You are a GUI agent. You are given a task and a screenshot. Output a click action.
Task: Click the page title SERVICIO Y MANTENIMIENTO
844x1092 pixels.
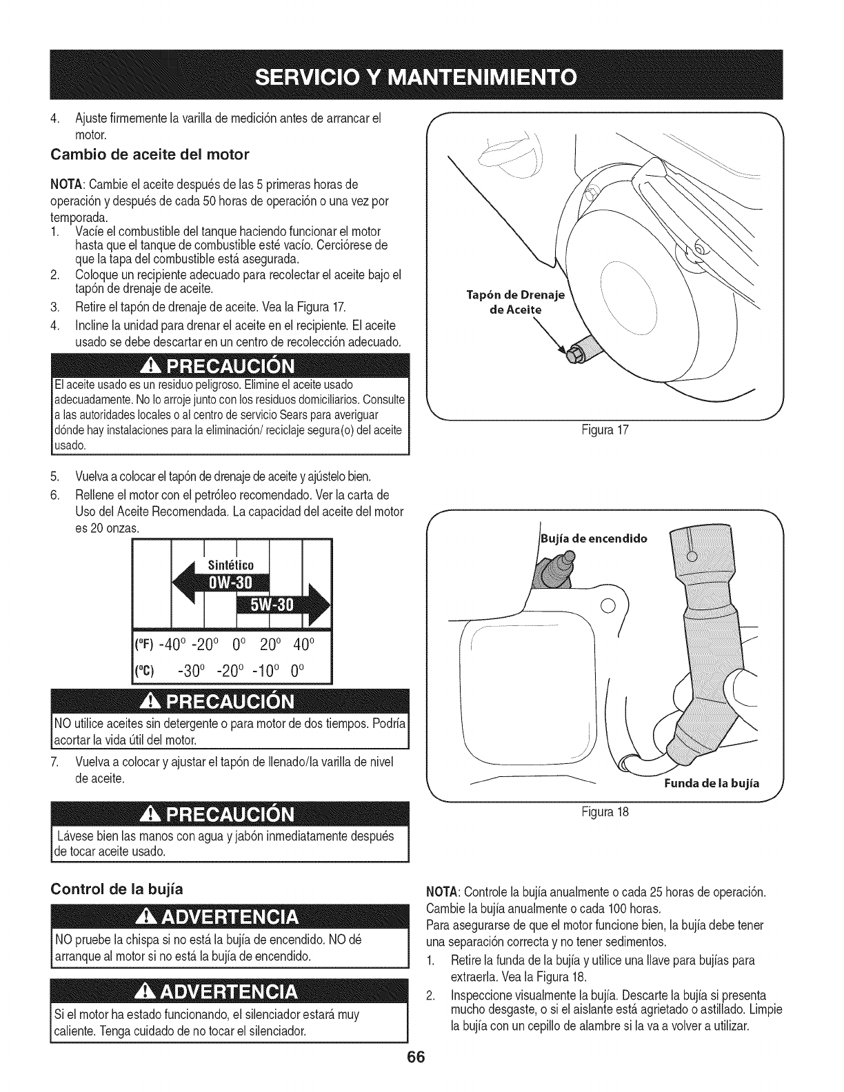coord(421,74)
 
